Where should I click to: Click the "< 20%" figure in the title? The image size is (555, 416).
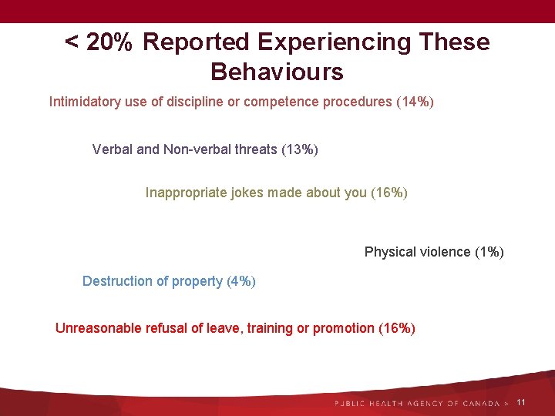[x=99, y=42]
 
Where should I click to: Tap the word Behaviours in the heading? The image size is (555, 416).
[x=277, y=72]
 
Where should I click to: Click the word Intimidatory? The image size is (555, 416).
[x=85, y=102]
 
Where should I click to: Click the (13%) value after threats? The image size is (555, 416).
[x=300, y=149]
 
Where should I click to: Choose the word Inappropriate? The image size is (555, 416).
[x=186, y=193]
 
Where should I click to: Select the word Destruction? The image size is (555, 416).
[x=114, y=281]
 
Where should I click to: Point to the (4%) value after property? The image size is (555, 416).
[x=241, y=281]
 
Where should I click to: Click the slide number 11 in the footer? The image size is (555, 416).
[x=521, y=402]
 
